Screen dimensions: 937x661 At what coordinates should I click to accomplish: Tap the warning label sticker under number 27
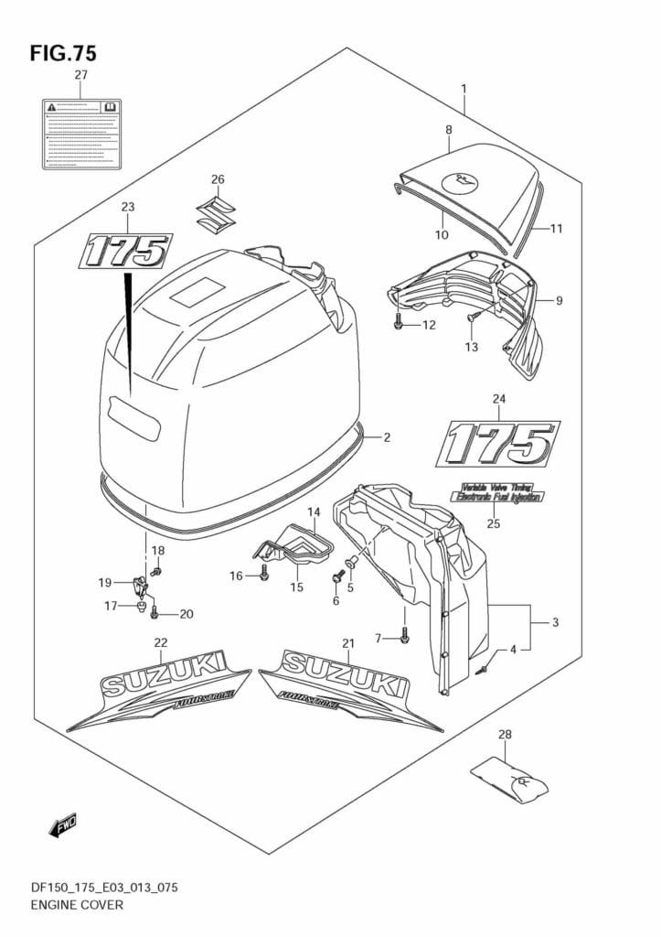point(80,135)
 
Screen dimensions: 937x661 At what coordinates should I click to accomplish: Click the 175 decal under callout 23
point(126,250)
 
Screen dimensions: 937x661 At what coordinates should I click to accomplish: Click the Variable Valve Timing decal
point(497,491)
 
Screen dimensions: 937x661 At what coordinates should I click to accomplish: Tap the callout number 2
point(387,437)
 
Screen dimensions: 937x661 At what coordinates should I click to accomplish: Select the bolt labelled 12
point(400,323)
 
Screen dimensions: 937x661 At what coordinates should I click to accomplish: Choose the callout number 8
point(449,130)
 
